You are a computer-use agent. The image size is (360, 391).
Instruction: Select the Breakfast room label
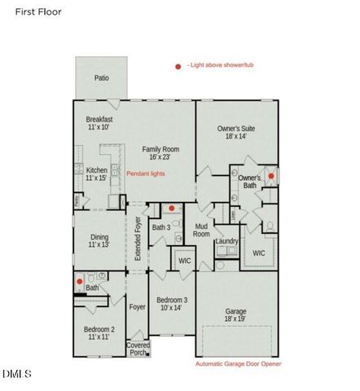99,123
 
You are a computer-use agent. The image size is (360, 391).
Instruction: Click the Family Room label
160,153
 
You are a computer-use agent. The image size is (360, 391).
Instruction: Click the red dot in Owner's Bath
271,175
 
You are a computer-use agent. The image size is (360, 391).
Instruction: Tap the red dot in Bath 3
171,209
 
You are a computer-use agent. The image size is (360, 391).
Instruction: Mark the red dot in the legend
178,67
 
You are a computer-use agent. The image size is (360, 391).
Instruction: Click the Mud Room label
201,230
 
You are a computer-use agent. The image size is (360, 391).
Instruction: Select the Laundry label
226,241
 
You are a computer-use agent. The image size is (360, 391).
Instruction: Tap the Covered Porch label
138,349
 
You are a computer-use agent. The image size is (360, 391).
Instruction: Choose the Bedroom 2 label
99,333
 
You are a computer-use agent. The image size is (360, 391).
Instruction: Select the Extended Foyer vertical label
138,239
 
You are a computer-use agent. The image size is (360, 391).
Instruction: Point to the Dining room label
99,241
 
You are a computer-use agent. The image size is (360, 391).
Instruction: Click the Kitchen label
97,174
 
